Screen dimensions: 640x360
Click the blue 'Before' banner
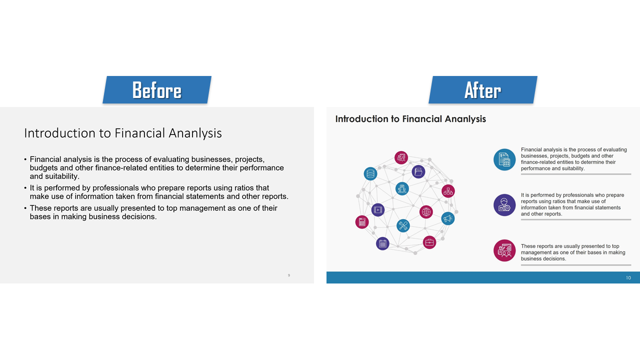[x=157, y=89]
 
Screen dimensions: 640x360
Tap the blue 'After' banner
[x=483, y=89]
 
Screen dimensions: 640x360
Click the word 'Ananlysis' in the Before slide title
[x=195, y=133]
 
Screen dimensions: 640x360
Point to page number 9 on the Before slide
[x=289, y=275]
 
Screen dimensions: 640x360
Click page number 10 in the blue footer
[x=628, y=277]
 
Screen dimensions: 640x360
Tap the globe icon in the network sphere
[x=426, y=212]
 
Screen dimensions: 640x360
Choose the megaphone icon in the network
[x=447, y=218]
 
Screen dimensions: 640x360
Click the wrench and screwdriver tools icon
[x=403, y=225]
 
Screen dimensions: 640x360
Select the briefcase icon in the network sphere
[x=429, y=242]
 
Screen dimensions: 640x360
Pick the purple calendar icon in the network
[x=382, y=243]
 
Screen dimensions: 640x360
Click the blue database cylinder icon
[x=370, y=173]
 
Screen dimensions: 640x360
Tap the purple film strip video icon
[x=377, y=210]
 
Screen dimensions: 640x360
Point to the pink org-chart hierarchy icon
[x=448, y=191]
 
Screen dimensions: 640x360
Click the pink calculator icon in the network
[x=362, y=222]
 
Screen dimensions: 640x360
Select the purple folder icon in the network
[x=418, y=171]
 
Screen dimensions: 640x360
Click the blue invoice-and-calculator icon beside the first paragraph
[x=504, y=159]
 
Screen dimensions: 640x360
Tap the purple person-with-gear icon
[x=504, y=205]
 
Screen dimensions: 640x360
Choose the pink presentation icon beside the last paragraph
[x=504, y=250]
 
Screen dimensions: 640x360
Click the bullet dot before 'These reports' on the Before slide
[x=25, y=208]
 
